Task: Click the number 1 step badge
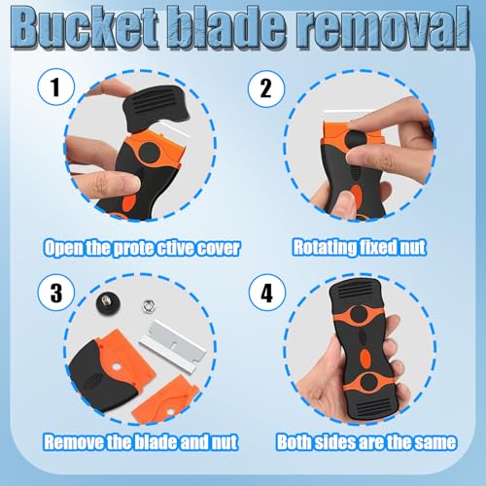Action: point(56,87)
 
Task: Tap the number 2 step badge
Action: point(266,88)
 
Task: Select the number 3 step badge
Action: point(56,293)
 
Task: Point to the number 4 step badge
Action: point(267,293)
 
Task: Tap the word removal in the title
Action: point(386,30)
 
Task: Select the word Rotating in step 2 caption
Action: point(324,247)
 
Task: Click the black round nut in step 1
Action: point(149,152)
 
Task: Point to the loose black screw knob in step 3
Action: point(108,304)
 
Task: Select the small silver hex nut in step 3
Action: point(149,305)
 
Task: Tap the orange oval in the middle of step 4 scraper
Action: point(365,359)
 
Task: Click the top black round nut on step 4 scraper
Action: point(359,314)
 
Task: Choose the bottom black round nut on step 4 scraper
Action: point(369,382)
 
